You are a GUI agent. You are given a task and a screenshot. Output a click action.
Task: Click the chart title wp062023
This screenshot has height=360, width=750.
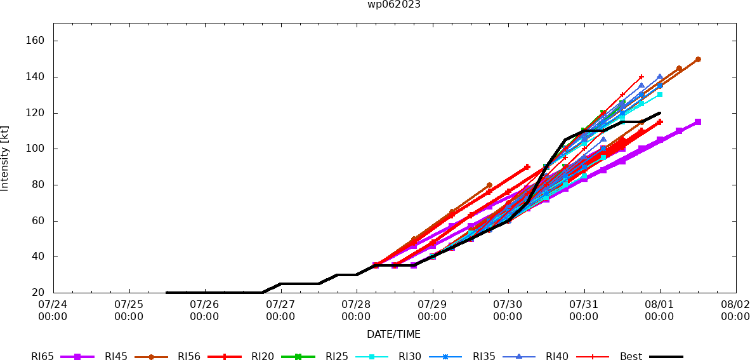[x=394, y=4]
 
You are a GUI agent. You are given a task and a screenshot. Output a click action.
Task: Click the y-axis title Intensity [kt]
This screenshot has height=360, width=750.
[x=5, y=158]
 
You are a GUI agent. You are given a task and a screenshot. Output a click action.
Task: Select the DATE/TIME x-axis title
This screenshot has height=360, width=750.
[x=393, y=334]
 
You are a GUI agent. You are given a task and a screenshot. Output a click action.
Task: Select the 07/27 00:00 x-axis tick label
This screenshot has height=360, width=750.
[x=280, y=310]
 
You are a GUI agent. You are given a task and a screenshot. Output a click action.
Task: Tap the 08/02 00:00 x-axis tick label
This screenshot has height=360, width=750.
[x=735, y=310]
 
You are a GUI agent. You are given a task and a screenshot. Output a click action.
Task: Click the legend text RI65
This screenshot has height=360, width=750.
[x=42, y=357]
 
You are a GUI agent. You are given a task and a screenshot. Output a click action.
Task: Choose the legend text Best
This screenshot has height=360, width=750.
[x=631, y=357]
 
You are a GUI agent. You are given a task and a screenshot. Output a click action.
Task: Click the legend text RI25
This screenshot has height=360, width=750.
[x=337, y=357]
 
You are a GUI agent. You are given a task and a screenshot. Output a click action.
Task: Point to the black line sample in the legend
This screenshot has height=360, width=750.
[x=666, y=357]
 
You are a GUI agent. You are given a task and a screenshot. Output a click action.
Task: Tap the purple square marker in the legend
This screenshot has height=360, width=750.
[x=77, y=357]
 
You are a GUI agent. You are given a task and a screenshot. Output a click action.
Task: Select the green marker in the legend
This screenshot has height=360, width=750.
[x=298, y=357]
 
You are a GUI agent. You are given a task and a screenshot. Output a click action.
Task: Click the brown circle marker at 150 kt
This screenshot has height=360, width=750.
[x=698, y=59]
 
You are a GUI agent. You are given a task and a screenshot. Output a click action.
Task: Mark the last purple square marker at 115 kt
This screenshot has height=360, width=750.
[x=698, y=122]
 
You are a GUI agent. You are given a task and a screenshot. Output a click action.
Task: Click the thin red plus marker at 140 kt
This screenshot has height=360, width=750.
[x=641, y=77]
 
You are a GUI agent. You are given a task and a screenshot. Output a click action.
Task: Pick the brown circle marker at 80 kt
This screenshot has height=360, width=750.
[x=489, y=185]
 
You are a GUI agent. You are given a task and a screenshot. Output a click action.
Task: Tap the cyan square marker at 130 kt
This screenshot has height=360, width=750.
[x=660, y=95]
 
